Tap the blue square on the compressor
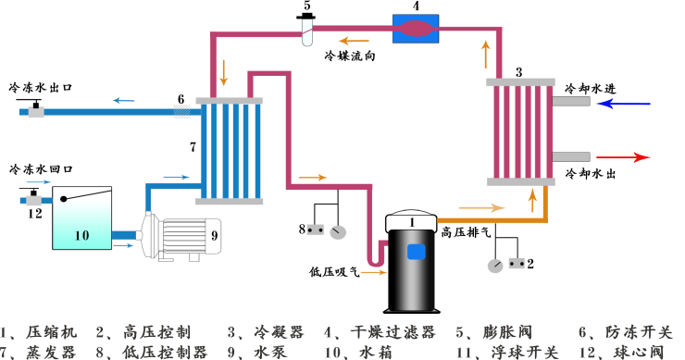coord(416,251)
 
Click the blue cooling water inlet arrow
coord(629,104)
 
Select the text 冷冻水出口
coord(41,87)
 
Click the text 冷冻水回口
coord(41,170)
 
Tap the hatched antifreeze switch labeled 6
coord(183,111)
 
